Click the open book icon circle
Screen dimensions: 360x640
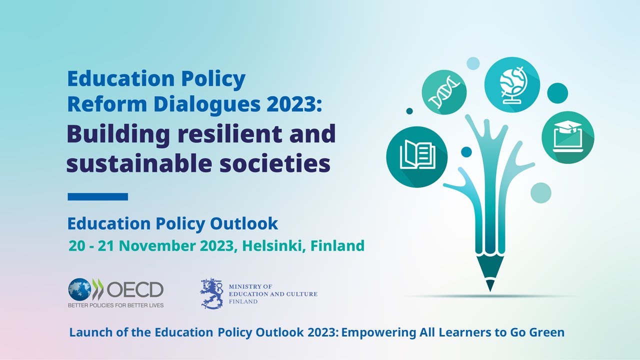[x=416, y=156]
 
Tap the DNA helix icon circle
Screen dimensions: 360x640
[x=444, y=92]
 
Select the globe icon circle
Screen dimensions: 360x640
[x=512, y=82]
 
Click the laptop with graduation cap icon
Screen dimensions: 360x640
[x=567, y=137]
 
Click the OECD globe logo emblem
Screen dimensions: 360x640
[x=80, y=289]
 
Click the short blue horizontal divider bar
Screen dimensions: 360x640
[x=98, y=196]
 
